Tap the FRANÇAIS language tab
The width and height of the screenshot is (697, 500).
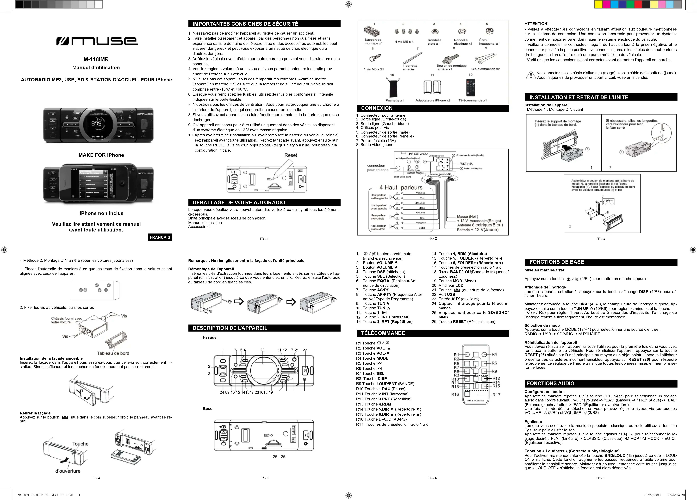(x=160, y=237)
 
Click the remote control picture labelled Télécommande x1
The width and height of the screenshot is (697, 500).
(x=471, y=88)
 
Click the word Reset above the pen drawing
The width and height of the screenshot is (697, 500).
(x=290, y=155)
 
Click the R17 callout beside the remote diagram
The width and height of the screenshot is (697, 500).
(x=496, y=395)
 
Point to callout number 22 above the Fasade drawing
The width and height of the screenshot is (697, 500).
(x=305, y=350)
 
